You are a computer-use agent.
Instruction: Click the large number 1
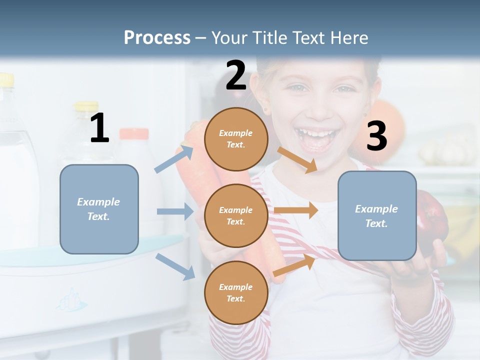pyautogui.click(x=99, y=128)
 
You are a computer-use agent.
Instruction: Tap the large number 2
pyautogui.click(x=236, y=75)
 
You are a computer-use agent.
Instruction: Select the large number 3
pyautogui.click(x=376, y=136)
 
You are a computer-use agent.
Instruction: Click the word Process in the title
pyautogui.click(x=157, y=37)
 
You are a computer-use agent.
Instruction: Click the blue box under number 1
pyautogui.click(x=99, y=209)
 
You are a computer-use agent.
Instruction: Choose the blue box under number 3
pyautogui.click(x=377, y=216)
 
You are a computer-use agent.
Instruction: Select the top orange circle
pyautogui.click(x=236, y=139)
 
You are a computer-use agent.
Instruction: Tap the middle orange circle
pyautogui.click(x=236, y=216)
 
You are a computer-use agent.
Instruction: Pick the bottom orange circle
pyautogui.click(x=236, y=293)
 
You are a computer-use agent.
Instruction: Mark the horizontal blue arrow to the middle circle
pyautogui.click(x=175, y=211)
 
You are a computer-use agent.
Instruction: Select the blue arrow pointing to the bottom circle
pyautogui.click(x=175, y=266)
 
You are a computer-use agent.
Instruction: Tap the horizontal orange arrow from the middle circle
pyautogui.click(x=296, y=210)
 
